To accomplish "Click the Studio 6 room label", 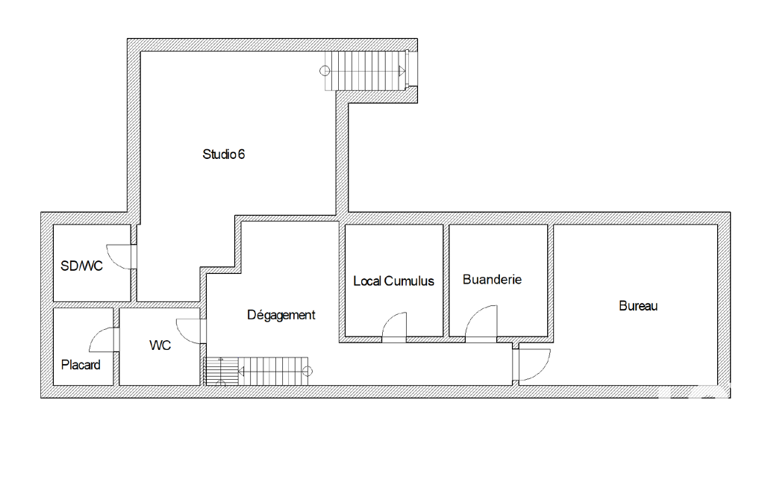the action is [x=223, y=154].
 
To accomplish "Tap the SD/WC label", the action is [x=81, y=266].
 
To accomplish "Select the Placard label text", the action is [x=81, y=364].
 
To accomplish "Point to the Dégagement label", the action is [x=281, y=315].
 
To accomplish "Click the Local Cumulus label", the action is [x=394, y=281].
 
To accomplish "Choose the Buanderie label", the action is [x=492, y=280].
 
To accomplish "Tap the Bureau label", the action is [x=638, y=306].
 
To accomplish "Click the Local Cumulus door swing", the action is [x=390, y=319].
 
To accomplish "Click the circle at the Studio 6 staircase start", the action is [x=325, y=71].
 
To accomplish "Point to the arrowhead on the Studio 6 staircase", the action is [x=402, y=71].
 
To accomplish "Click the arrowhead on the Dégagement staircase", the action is [x=241, y=372].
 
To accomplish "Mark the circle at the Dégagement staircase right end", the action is [x=307, y=372].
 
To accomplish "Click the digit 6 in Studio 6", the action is [x=241, y=154].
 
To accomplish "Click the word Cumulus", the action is [x=409, y=281].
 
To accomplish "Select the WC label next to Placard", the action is [x=160, y=345].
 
